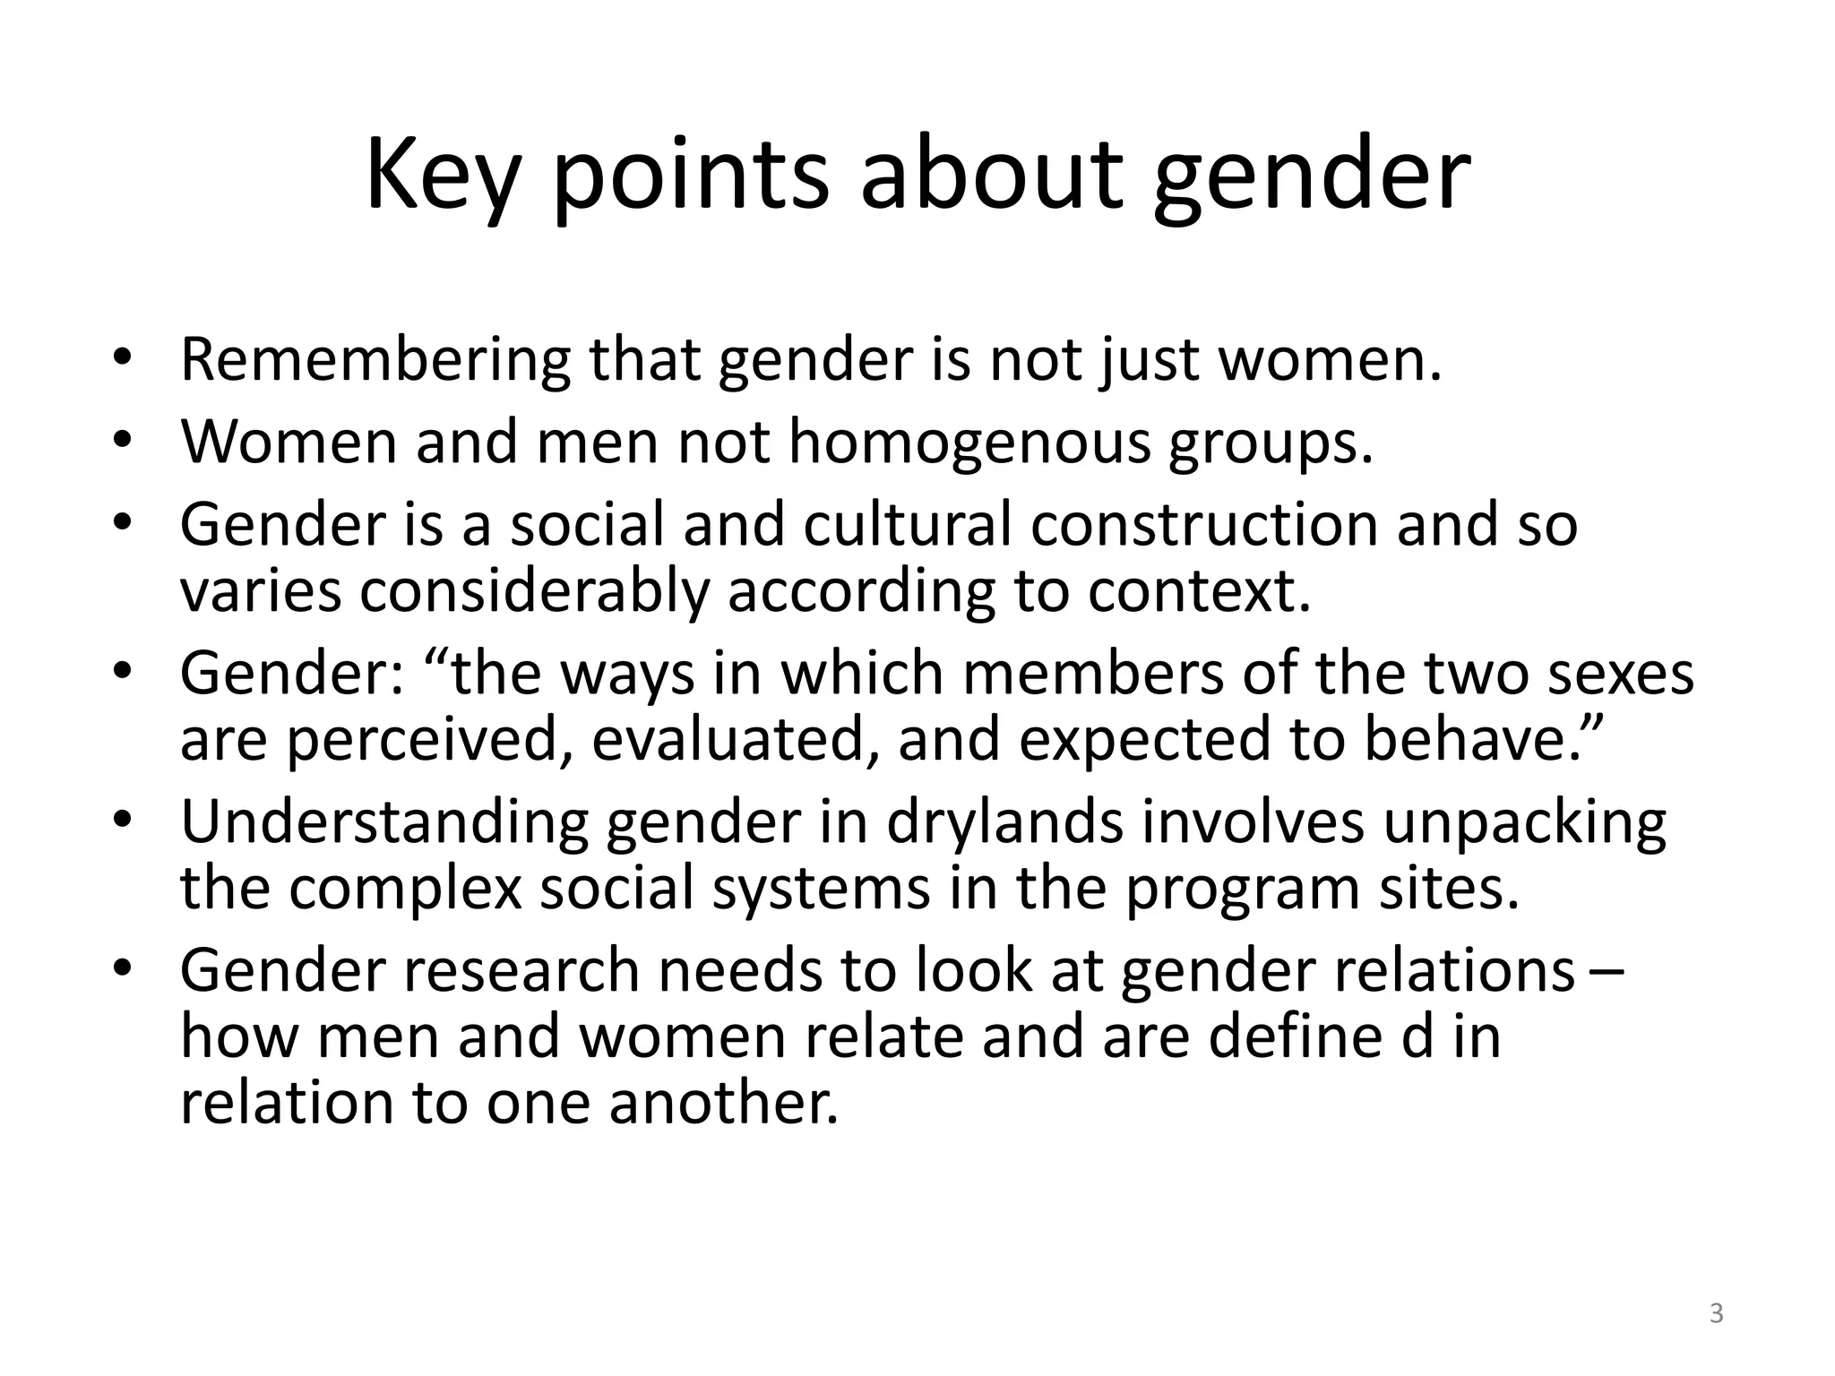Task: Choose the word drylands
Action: click(x=1004, y=822)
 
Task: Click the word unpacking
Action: click(x=1524, y=822)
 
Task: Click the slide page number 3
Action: click(x=1716, y=1314)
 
